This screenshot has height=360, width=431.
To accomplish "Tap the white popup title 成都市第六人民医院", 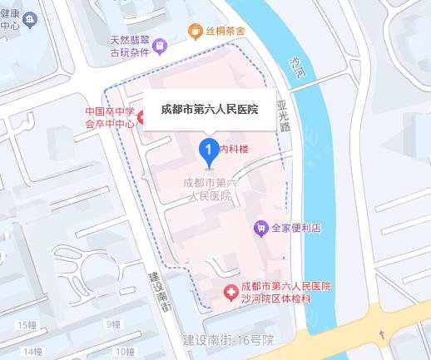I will pyautogui.click(x=209, y=109).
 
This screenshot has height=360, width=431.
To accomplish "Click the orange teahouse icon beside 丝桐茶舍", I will pyautogui.click(x=195, y=32).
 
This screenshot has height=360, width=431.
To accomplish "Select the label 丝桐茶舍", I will pyautogui.click(x=225, y=32).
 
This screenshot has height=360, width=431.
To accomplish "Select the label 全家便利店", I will pyautogui.click(x=296, y=228).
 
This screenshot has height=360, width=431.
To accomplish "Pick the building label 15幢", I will pyautogui.click(x=27, y=323).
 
